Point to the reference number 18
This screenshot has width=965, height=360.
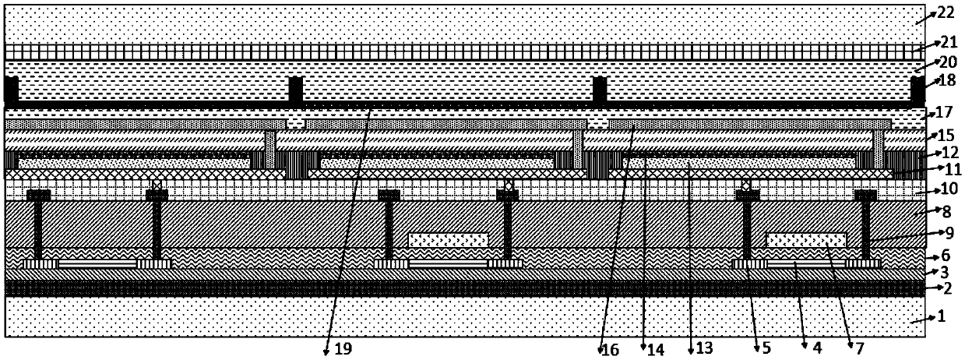(947, 81)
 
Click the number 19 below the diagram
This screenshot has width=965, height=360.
(341, 351)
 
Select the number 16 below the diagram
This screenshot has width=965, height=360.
(611, 351)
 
